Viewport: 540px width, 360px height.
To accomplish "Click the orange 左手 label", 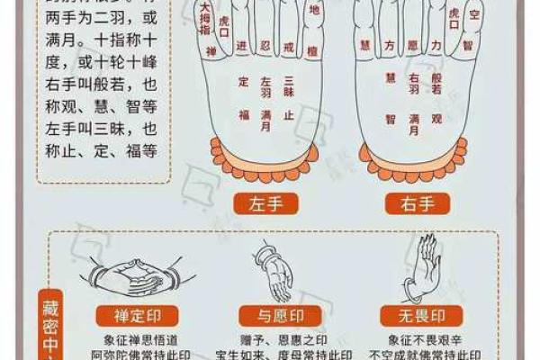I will (265, 203).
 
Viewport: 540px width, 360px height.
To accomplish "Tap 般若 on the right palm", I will (438, 83).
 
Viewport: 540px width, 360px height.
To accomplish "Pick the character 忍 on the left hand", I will (265, 45).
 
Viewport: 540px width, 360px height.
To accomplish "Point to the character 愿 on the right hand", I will (413, 44).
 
